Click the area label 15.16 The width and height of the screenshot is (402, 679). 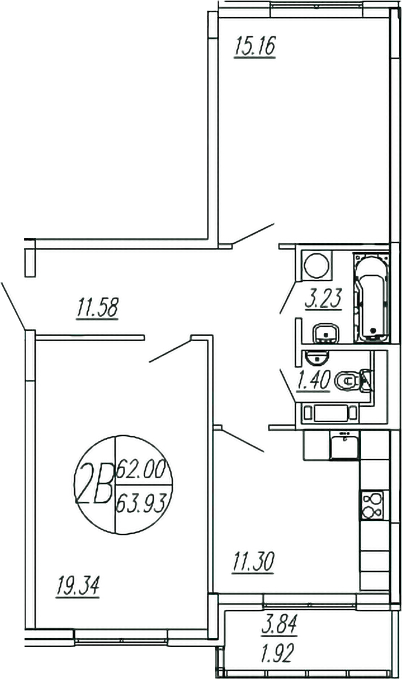click(x=255, y=46)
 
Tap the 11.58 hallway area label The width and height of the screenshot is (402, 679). click(x=97, y=308)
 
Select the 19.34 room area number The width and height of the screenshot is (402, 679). click(x=78, y=586)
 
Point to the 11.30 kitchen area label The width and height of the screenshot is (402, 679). click(x=253, y=562)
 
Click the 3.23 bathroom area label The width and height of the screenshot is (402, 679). click(x=323, y=298)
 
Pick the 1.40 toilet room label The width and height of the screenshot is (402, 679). click(x=314, y=380)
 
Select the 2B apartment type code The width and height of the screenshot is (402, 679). click(x=94, y=483)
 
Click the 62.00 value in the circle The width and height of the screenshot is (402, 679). click(x=141, y=470)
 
